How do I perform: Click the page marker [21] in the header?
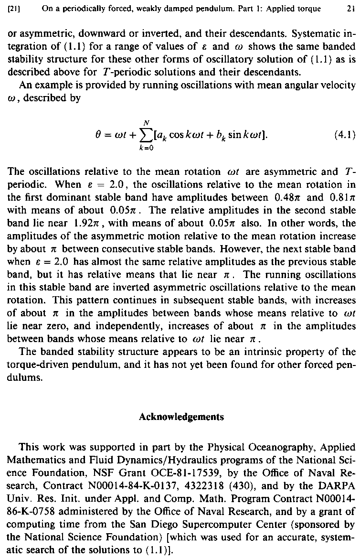(x=8, y=8)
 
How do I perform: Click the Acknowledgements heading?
(x=181, y=417)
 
